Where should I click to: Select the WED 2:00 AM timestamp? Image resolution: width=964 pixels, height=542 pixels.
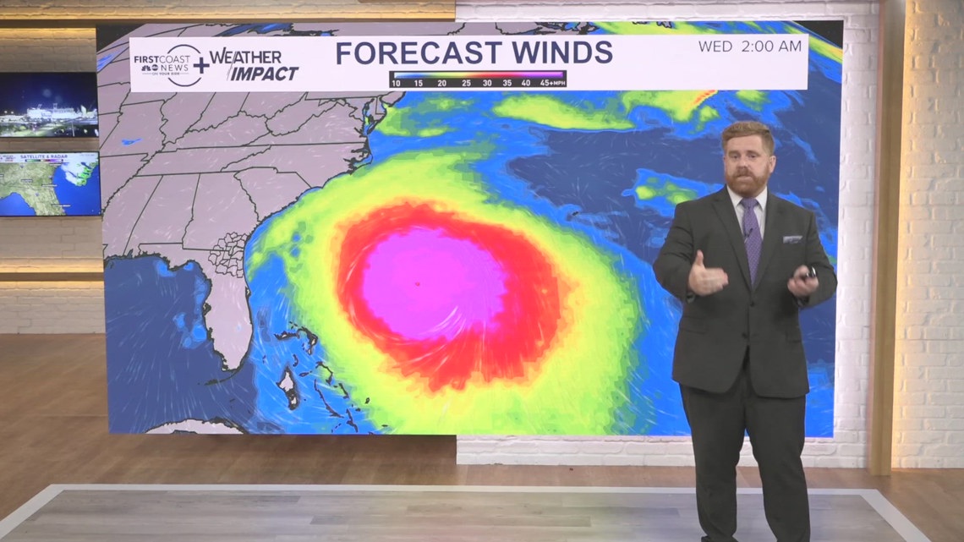[x=749, y=47]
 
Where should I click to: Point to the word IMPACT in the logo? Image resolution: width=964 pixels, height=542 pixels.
[x=265, y=74]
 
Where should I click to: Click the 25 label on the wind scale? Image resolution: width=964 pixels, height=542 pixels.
[x=466, y=83]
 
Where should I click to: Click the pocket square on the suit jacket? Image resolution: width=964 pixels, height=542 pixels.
[x=791, y=239]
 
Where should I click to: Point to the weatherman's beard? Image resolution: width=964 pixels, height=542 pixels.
[x=748, y=179]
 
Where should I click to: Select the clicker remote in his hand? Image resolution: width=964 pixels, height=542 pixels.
[x=809, y=272]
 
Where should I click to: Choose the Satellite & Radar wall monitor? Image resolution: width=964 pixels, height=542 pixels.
[x=49, y=183]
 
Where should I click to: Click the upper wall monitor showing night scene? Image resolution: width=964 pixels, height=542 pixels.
[x=49, y=104]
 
